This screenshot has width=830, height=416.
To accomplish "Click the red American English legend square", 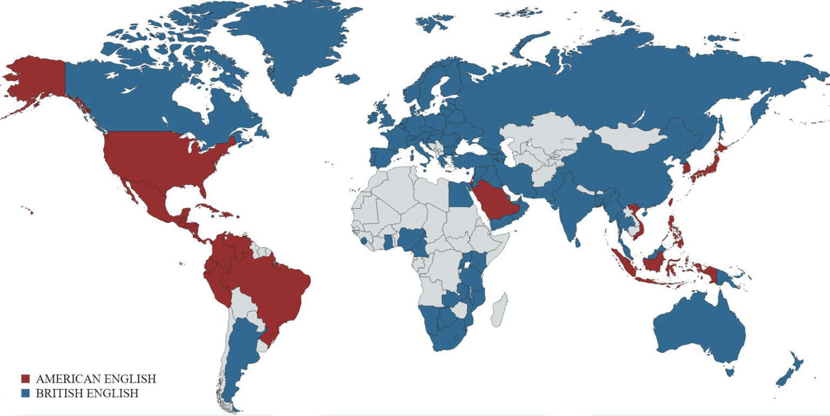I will (25, 379).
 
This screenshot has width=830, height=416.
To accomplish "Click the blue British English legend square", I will (25, 393).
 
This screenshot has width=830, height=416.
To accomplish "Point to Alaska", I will (38, 78).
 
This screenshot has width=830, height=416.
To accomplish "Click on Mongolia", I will (630, 138).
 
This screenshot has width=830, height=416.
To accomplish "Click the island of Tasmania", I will (730, 371).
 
